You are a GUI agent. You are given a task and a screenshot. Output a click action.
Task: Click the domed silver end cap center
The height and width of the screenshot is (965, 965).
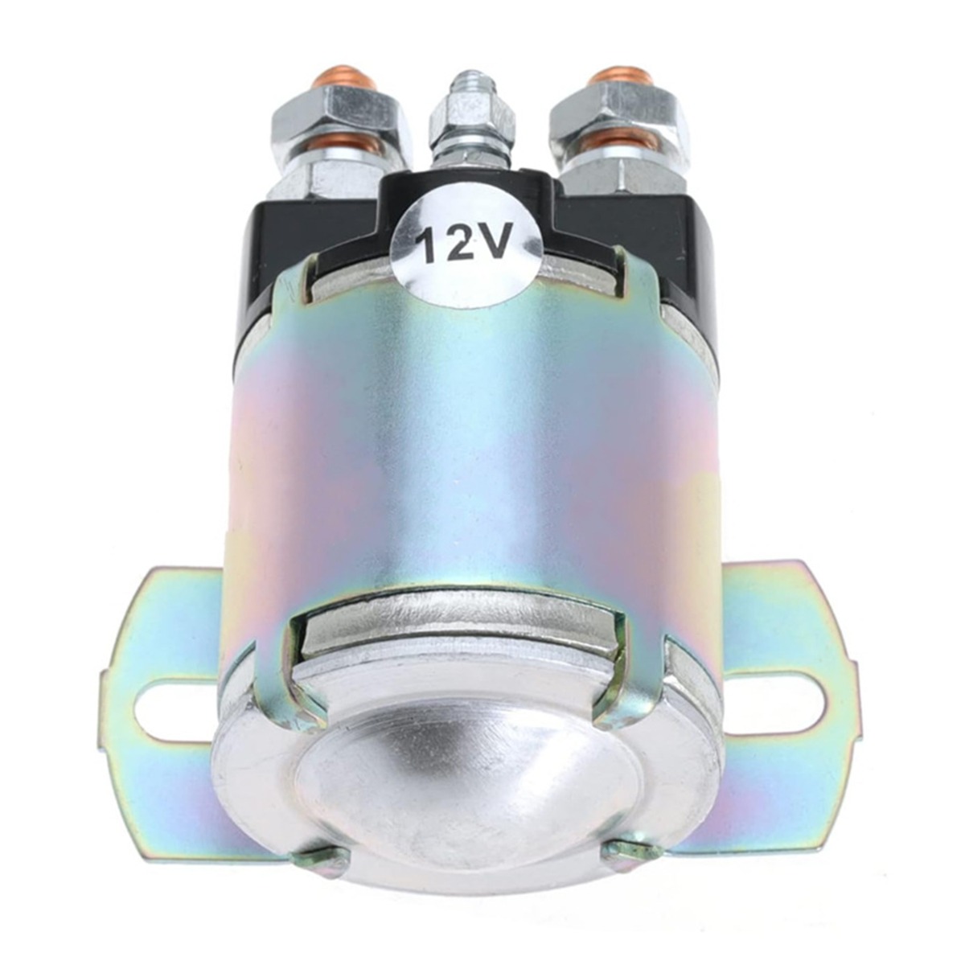[470, 772]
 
